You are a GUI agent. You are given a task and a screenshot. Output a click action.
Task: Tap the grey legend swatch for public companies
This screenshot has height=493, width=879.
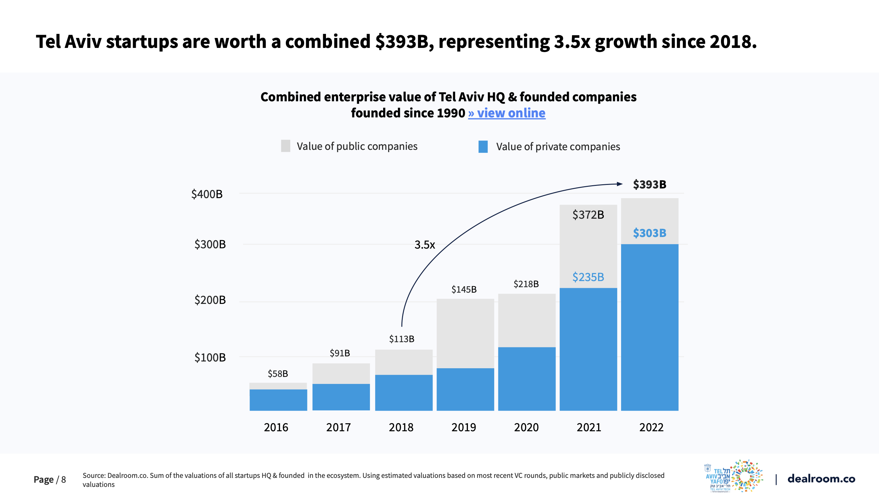pos(286,146)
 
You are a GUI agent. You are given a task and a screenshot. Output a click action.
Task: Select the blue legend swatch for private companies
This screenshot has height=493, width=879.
pos(483,147)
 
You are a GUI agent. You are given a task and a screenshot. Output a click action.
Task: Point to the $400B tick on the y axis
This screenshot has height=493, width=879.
pos(207,194)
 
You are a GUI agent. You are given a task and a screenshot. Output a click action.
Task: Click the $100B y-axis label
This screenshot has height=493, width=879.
pos(210,357)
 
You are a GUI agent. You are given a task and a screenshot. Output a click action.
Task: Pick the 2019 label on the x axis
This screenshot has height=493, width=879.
pos(463,427)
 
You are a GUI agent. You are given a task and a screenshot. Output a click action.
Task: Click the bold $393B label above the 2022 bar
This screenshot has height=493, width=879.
pos(649,185)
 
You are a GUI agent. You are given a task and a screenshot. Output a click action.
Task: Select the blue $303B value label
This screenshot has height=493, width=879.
pos(649,233)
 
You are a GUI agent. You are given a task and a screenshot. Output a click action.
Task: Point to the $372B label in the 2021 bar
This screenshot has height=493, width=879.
pos(588,215)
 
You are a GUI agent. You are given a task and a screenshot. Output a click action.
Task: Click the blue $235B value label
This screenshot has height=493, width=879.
pos(588,277)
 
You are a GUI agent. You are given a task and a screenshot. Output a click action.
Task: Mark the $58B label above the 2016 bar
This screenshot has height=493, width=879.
pos(278,373)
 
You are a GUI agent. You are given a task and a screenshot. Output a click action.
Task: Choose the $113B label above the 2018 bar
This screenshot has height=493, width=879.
pos(402,339)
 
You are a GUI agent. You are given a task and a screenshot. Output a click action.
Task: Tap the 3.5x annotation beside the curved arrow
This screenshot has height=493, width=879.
pos(425,245)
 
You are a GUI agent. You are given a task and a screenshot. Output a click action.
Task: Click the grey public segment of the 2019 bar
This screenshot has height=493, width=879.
pos(465,333)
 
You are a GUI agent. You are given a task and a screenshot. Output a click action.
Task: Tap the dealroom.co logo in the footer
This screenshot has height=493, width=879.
pos(821,479)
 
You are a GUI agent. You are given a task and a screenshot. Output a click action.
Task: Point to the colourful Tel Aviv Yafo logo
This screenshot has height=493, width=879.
pos(734,476)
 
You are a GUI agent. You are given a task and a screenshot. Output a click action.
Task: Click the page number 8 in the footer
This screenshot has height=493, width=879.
pos(64,479)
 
